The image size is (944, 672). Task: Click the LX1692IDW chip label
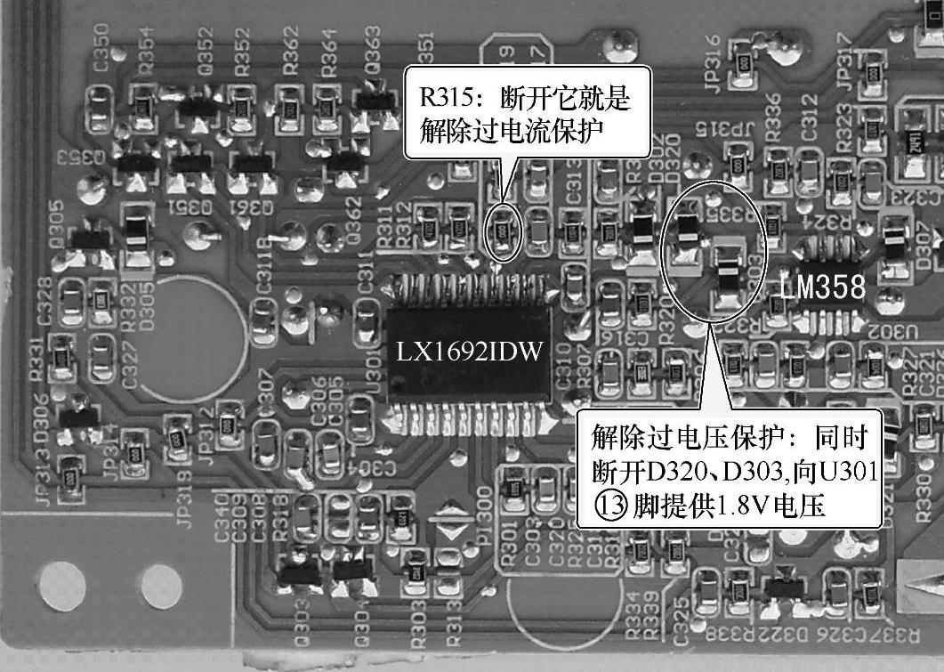(x=469, y=351)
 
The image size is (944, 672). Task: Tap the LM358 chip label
(x=822, y=287)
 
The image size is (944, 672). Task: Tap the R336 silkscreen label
(x=772, y=117)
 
